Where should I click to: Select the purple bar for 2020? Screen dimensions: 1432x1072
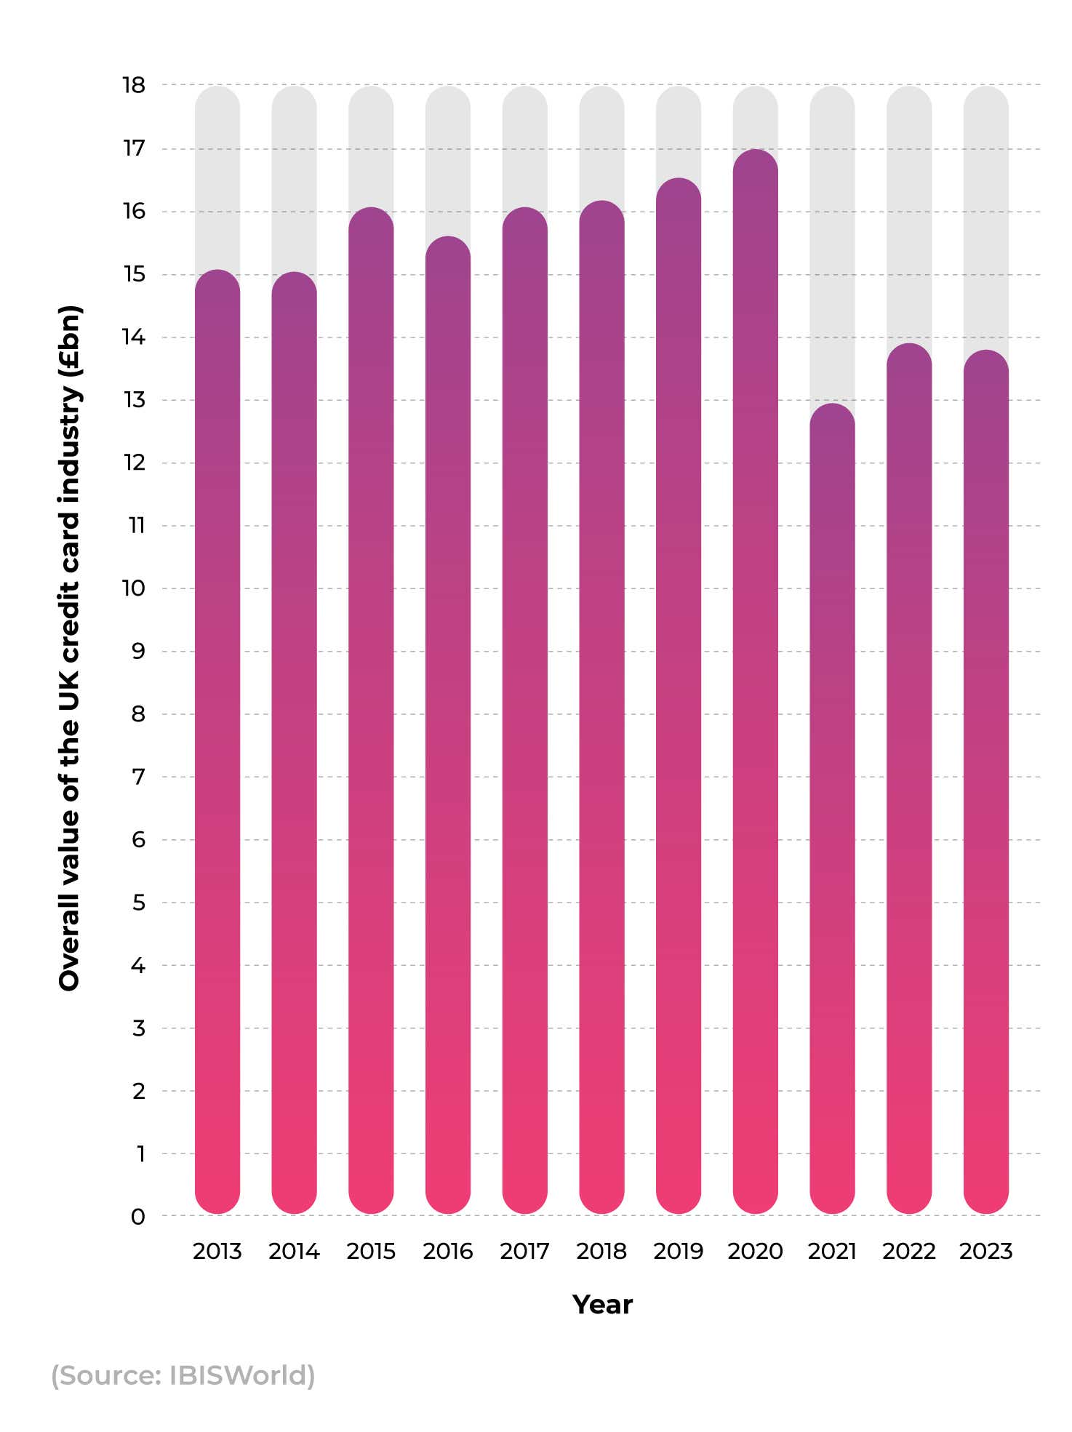755,684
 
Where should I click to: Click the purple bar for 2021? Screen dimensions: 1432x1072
832,807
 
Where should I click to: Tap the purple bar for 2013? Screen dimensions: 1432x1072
217,742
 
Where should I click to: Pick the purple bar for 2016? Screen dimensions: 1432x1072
448,727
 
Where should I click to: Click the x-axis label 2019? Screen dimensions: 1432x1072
678,1252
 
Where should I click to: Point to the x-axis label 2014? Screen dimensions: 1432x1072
294,1252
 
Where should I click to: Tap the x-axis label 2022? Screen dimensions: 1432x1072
908,1252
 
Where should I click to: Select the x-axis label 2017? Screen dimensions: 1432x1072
524,1252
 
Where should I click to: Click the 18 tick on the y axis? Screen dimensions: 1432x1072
135,86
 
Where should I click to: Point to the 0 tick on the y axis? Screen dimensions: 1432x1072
137,1217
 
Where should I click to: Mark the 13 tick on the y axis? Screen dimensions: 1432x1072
135,400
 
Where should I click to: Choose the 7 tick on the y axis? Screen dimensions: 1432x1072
138,777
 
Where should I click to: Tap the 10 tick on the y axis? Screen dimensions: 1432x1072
135,588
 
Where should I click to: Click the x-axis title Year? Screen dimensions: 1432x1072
602,1305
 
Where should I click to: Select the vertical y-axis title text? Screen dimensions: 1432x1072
70,647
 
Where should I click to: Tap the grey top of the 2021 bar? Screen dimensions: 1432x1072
832,240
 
